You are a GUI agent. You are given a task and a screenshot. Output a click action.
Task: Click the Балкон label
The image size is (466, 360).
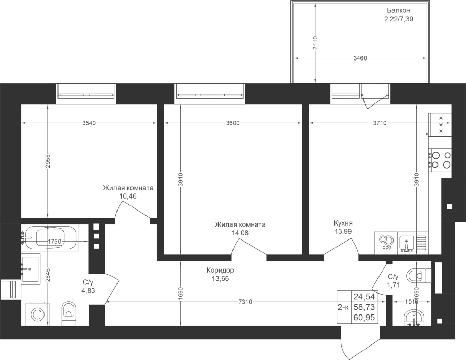(399, 10)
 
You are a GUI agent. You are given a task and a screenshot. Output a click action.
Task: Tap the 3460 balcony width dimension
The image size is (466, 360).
(360, 58)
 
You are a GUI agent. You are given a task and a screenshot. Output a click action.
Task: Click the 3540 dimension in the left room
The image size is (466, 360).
(89, 123)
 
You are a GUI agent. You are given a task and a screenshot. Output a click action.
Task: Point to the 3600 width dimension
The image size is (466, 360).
(232, 123)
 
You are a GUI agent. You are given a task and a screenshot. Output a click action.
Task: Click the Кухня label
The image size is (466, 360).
(343, 223)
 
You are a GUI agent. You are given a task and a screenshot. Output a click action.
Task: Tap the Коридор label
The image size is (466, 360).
(220, 271)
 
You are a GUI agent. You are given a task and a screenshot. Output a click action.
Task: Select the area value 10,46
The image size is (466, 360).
(128, 196)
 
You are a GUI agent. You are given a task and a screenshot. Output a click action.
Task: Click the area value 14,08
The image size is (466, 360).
(240, 233)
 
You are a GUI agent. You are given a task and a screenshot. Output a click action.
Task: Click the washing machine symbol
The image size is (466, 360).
(38, 314)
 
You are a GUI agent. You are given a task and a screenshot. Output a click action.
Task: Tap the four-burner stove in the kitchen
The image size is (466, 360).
(440, 160)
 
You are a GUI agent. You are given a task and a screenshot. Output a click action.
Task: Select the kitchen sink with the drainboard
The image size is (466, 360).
(413, 243)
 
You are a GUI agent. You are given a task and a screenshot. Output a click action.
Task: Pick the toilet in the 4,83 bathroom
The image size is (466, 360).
(69, 313)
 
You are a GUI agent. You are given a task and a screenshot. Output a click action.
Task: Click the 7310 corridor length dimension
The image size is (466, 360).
(245, 302)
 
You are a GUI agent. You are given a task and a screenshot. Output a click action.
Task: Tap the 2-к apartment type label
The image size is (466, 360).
(343, 307)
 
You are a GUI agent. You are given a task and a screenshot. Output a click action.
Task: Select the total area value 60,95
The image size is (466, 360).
(364, 318)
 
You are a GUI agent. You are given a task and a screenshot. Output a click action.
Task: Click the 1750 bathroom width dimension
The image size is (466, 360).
(54, 241)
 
